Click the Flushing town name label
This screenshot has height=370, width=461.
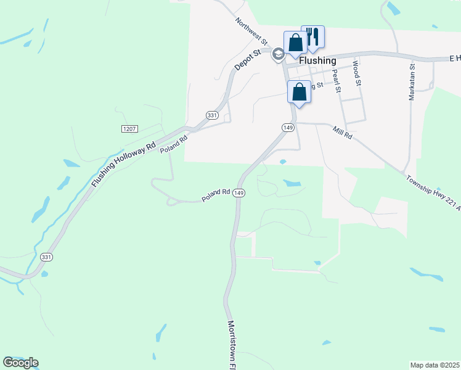(317, 61)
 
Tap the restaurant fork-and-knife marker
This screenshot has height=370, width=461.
(312, 36)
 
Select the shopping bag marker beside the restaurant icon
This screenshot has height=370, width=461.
(295, 43)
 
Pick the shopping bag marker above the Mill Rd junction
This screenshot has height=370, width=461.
(299, 92)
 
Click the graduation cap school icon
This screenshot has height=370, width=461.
(278, 55)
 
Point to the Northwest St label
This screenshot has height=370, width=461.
(251, 31)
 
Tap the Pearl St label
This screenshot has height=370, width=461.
(337, 81)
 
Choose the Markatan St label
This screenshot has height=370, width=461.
(412, 81)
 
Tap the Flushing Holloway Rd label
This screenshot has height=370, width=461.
(124, 166)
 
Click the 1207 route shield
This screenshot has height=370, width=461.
(129, 129)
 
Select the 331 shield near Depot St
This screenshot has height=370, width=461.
(212, 115)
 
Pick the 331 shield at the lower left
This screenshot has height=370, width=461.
(46, 257)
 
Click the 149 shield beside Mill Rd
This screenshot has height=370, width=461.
(288, 127)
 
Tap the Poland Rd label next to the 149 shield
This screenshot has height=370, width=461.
(216, 195)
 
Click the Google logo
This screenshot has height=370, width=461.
(20, 363)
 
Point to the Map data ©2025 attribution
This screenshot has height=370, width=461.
(434, 365)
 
